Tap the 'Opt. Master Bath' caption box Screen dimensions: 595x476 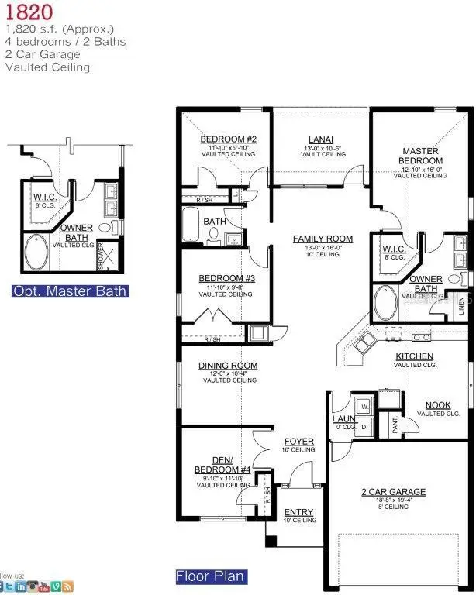pos(70,291)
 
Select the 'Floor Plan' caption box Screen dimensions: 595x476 pos(210,576)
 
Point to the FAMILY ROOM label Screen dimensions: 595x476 pos(323,239)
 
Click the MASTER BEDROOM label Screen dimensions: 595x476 pos(420,156)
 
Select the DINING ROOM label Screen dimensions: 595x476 pos(228,366)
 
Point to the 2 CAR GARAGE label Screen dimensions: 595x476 pos(394,491)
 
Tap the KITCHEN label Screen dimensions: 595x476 pos(415,356)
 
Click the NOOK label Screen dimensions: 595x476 pos(437,405)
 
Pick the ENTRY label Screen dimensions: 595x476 pos(298,512)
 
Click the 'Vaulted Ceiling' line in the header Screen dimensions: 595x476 pos(47,67)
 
